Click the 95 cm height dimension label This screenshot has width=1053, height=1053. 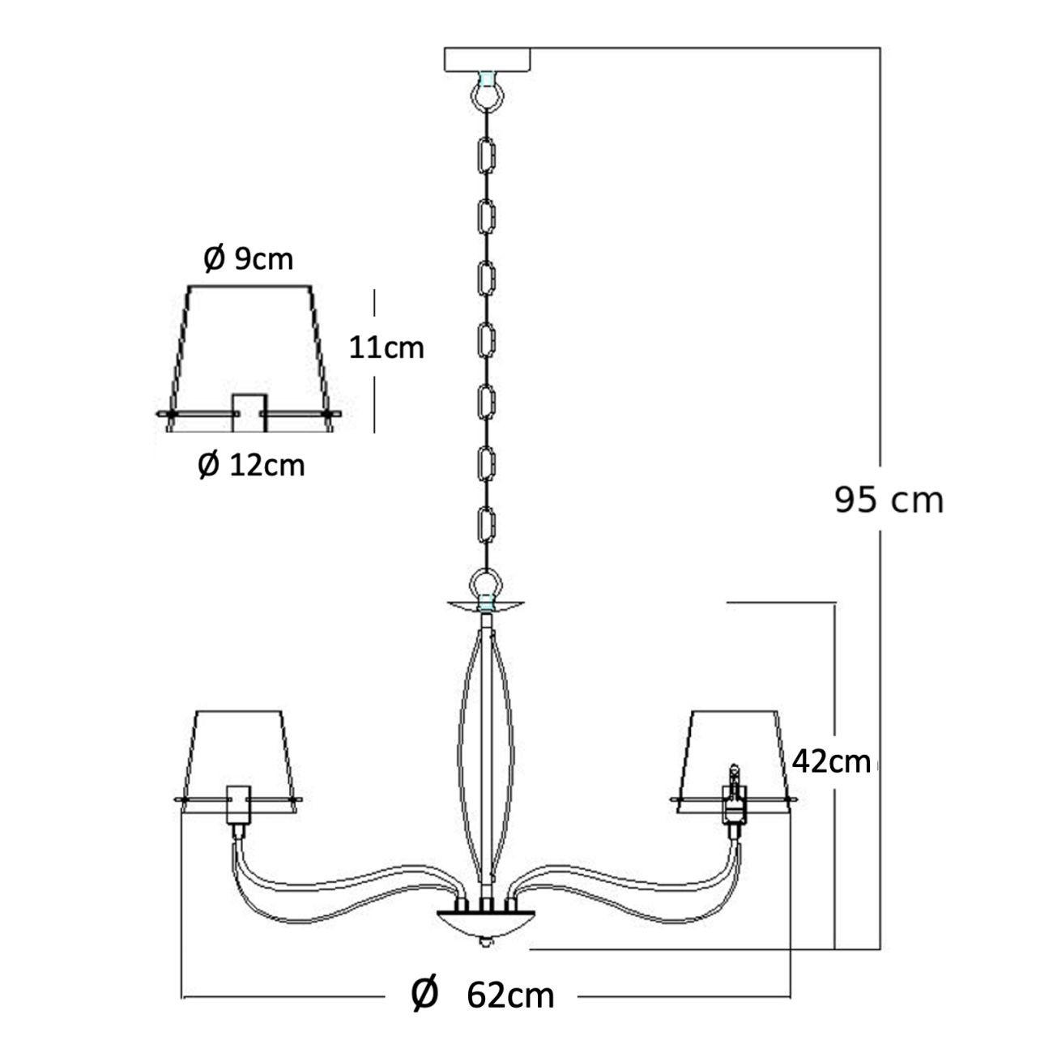(x=889, y=500)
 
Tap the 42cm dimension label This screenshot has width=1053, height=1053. (x=831, y=761)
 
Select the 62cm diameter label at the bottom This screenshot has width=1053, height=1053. (x=510, y=995)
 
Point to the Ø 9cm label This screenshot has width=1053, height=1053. (x=248, y=259)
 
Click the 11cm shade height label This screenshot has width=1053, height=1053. (x=386, y=347)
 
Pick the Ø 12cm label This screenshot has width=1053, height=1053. (x=252, y=465)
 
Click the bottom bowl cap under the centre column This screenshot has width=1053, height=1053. (x=486, y=922)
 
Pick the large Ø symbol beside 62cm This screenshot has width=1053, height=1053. (x=424, y=994)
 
